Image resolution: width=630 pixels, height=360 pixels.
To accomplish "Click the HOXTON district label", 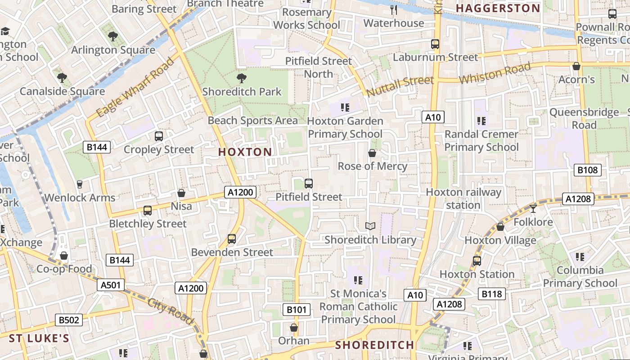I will [245, 152].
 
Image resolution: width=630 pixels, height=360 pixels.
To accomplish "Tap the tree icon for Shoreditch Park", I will [242, 78].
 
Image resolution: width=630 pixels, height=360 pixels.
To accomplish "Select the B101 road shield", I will [297, 310].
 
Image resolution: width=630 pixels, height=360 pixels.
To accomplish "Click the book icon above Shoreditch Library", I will [370, 226].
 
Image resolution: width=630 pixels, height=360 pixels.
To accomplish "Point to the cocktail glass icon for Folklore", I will [533, 208].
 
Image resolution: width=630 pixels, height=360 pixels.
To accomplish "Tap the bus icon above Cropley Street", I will [158, 136].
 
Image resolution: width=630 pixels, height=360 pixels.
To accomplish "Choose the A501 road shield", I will [110, 285].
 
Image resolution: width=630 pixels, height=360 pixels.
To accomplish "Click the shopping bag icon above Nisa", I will [181, 193].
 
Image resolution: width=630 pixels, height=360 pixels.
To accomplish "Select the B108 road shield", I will [588, 170].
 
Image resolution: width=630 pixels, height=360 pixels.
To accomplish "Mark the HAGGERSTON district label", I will [498, 8].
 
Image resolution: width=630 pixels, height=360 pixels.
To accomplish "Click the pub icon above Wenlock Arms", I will [80, 184].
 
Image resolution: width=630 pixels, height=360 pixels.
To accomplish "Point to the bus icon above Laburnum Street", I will [435, 44].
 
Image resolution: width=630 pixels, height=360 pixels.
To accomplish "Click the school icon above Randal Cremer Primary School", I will [481, 121].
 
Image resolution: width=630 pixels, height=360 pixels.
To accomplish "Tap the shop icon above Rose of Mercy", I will [372, 153].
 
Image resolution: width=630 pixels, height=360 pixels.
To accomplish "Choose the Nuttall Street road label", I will [400, 86].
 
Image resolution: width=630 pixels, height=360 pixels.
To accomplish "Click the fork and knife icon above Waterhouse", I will [394, 10].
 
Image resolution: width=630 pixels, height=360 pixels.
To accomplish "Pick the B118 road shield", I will [491, 294].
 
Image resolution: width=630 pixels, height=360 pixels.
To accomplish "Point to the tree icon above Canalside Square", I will [62, 78].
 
